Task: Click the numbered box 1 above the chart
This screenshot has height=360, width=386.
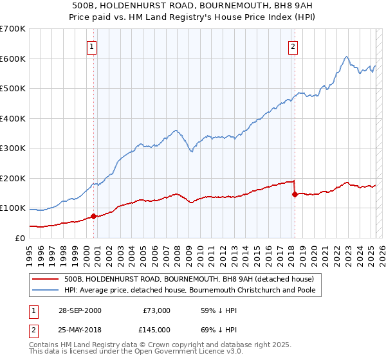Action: (93, 46)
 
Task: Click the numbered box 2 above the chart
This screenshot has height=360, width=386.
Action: (293, 46)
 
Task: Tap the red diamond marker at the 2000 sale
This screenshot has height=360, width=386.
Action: (93, 216)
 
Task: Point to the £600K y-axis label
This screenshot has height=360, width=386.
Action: (13, 59)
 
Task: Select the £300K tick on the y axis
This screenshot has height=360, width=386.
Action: (13, 148)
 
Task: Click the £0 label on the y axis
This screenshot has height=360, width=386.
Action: (19, 238)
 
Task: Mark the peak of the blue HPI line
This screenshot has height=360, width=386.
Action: (346, 57)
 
